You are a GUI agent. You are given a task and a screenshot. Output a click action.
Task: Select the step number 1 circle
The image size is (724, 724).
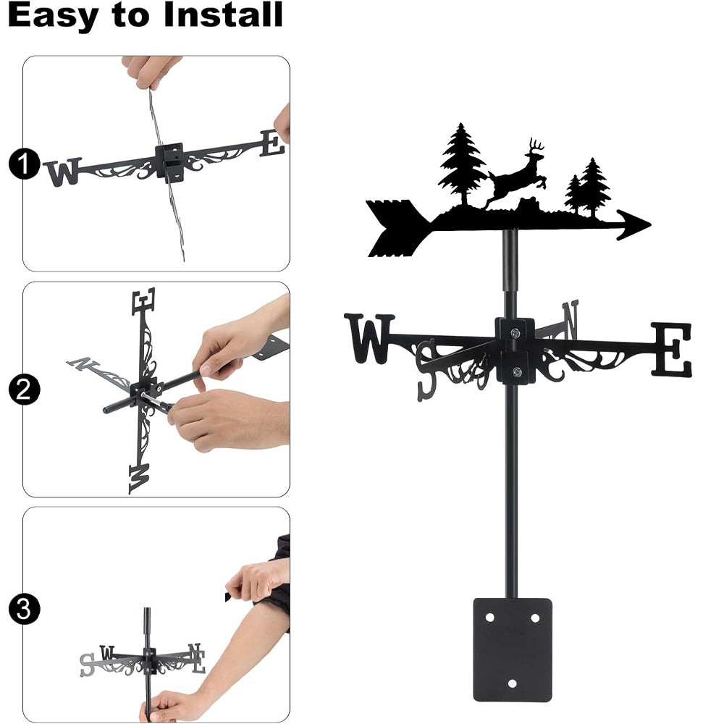[x=24, y=164]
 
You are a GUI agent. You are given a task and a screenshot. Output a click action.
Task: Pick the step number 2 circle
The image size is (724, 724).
[x=24, y=390]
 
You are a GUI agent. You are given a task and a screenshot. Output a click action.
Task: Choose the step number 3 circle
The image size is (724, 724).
[x=24, y=609]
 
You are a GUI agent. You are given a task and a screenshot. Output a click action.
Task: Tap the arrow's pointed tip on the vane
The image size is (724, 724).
[x=651, y=225]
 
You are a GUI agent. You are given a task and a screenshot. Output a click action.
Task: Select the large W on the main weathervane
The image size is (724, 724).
[x=369, y=338]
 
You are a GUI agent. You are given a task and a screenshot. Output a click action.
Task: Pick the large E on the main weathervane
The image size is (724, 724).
[x=671, y=350]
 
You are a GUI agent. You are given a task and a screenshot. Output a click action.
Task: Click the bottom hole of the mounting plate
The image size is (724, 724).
[x=512, y=683]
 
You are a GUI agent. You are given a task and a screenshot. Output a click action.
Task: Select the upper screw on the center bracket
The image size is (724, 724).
[x=515, y=332]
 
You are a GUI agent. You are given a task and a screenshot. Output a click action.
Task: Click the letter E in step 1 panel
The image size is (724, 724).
[x=272, y=143]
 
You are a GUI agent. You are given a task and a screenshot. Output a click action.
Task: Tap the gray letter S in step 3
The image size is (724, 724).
[x=88, y=665]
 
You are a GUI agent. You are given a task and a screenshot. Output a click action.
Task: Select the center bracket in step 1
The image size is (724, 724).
[x=169, y=162]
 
